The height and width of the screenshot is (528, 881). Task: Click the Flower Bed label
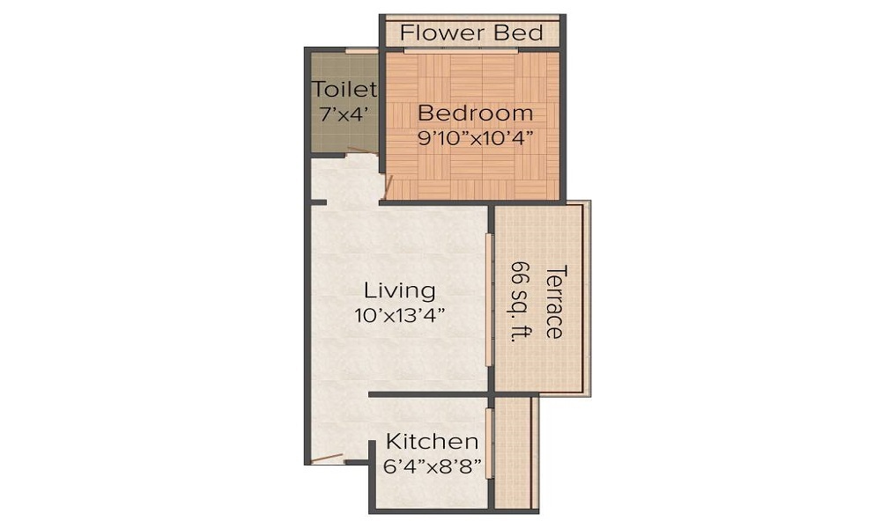click(471, 33)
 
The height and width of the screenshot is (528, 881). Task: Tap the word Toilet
click(344, 89)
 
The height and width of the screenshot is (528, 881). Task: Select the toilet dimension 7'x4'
click(344, 114)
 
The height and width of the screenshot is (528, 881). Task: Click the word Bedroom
click(475, 114)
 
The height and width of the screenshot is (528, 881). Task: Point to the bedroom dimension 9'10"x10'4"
click(475, 138)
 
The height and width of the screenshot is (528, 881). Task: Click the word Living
click(400, 290)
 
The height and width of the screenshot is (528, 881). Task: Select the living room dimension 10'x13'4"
click(400, 315)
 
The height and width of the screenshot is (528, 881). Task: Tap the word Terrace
click(553, 301)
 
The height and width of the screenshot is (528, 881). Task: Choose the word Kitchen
click(433, 442)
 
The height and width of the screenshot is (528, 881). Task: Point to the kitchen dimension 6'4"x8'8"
click(433, 466)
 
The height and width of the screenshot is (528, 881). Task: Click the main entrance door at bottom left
click(326, 458)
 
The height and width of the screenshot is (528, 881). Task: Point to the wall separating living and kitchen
click(428, 394)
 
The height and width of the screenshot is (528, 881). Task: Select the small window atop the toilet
click(361, 50)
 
